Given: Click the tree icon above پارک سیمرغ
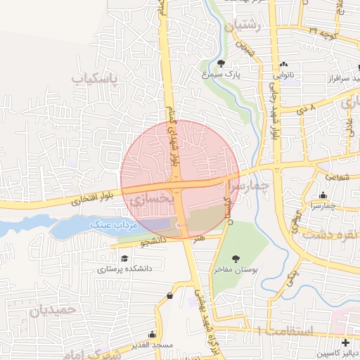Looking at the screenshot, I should click(221, 63).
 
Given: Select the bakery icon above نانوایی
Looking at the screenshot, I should click(284, 63).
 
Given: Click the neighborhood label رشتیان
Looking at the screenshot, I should click(244, 25).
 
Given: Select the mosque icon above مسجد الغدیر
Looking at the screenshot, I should click(152, 335).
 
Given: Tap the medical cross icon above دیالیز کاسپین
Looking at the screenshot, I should click(345, 342).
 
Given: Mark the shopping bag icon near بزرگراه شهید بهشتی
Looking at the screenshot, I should click(169, 296).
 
